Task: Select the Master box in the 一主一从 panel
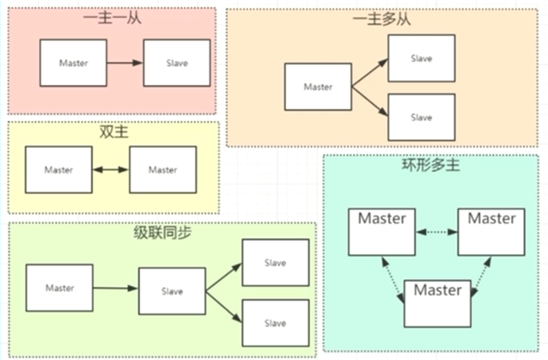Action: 73,63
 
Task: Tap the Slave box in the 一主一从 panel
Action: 176,63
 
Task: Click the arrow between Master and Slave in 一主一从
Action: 125,63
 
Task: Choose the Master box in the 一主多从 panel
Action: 318,87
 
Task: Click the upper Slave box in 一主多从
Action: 420,58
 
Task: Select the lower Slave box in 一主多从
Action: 420,117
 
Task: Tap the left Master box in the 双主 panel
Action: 58,169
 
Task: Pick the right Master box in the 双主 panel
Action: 162,169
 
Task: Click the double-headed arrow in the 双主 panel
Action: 111,169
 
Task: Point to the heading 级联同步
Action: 161,234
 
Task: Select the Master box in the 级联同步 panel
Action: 59,288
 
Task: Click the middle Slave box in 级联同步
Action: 172,291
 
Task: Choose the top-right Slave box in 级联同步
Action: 275,262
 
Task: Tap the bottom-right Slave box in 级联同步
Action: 275,323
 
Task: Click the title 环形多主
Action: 430,165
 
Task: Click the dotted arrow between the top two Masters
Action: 436,232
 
